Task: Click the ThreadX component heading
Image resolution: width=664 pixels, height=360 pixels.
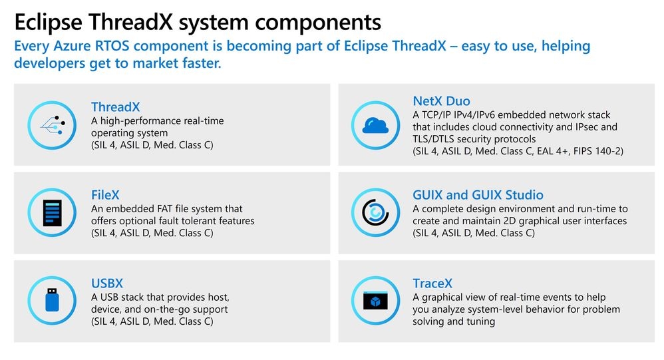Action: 115,107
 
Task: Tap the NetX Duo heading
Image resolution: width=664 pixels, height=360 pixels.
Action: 441,101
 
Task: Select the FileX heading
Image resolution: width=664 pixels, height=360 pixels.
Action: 105,195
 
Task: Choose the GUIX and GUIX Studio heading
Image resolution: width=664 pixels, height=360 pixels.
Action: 478,195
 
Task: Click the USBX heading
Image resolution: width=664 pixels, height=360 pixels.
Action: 107,283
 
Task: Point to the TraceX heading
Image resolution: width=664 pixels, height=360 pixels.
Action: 432,283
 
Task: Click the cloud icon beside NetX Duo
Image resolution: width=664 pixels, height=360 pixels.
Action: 375,124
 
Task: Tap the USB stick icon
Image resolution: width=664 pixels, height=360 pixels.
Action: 53,301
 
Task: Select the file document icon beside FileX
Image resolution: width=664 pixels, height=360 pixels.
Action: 53,213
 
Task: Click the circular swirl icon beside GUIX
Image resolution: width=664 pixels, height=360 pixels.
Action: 375,213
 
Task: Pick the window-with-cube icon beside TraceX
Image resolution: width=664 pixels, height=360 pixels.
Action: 375,301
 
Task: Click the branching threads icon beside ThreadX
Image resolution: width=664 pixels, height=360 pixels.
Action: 53,124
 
